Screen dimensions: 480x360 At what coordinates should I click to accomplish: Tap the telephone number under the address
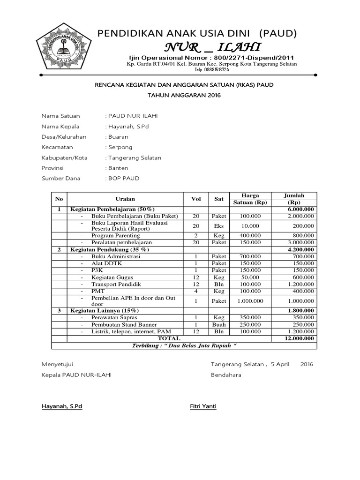point(212,69)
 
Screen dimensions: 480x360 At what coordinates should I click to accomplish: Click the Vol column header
point(196,199)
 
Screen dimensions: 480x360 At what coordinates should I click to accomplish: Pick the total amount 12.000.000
point(300,338)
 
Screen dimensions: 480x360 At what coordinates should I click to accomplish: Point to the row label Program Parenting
point(115,235)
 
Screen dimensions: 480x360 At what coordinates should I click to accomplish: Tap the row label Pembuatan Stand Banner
point(124,325)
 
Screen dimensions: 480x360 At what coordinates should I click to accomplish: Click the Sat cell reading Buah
point(219,325)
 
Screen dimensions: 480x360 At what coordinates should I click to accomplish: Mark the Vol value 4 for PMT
point(196,291)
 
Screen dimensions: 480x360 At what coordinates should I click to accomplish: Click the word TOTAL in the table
point(169,338)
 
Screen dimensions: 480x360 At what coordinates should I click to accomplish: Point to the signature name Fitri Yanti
point(202,406)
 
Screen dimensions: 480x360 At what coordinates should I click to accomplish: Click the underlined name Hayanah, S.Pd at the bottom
point(62,406)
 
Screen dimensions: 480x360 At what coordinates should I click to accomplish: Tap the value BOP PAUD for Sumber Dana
point(124,179)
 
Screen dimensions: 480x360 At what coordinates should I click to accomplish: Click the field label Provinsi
point(52,168)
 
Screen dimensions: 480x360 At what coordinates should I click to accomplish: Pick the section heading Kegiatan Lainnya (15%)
point(105,311)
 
